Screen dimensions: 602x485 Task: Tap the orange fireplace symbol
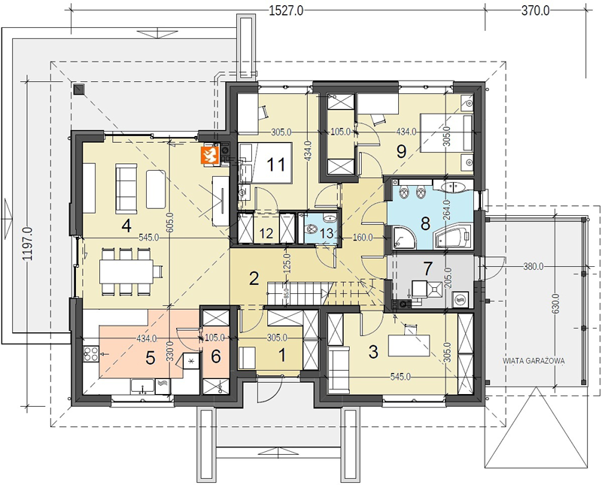tap(210, 156)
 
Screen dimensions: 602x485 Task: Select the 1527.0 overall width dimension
tap(286, 11)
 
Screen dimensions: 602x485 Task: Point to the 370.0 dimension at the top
tap(535, 11)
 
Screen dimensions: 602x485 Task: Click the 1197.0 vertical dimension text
tap(29, 244)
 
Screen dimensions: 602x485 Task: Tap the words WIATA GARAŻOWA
tap(534, 361)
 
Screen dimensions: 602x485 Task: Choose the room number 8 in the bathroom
tap(425, 223)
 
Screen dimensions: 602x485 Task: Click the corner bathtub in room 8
tap(453, 237)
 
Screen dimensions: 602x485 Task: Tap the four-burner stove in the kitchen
tap(91, 353)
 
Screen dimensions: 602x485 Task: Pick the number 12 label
tap(266, 233)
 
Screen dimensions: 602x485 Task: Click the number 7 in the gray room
tap(427, 269)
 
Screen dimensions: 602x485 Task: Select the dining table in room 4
tap(126, 271)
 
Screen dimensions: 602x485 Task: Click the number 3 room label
tap(372, 352)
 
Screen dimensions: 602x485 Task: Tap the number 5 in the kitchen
tap(150, 358)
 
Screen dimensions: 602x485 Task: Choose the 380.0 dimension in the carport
tap(533, 266)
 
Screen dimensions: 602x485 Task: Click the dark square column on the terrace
tap(78, 89)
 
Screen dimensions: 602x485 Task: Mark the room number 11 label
tap(276, 165)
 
